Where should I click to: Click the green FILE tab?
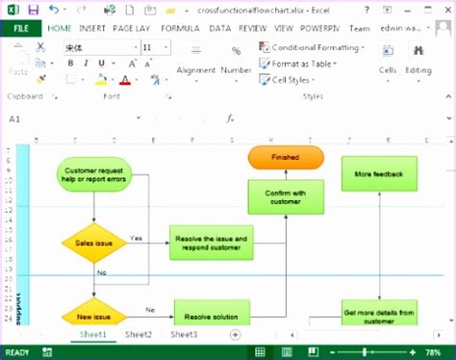(21, 28)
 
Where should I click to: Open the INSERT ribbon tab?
(93, 28)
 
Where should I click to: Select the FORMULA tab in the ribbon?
(181, 28)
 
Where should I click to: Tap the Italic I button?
(87, 64)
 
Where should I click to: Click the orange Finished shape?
(286, 157)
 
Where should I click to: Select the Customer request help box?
(94, 175)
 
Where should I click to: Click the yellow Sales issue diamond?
(94, 244)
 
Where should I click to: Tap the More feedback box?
(379, 174)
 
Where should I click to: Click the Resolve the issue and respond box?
(214, 243)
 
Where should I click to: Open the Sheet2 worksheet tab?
(138, 334)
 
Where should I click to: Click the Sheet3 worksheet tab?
(184, 334)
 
